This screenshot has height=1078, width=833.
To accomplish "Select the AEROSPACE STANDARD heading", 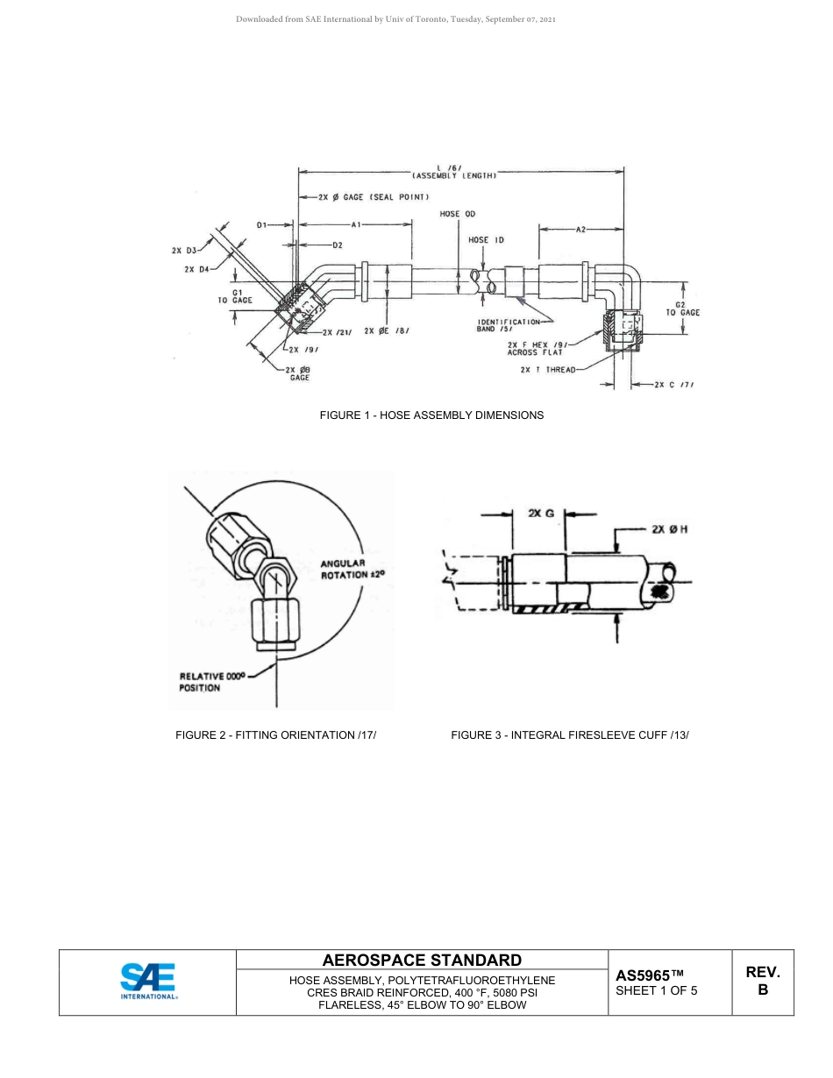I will click(x=422, y=961).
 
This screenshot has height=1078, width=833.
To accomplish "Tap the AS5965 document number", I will click(x=649, y=975).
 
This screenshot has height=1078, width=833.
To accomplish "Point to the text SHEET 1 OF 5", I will click(x=657, y=991).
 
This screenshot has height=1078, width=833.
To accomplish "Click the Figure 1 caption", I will click(x=431, y=415).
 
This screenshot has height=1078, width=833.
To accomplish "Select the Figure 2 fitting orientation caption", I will click(x=276, y=735).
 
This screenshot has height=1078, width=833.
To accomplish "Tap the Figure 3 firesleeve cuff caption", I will click(x=570, y=735).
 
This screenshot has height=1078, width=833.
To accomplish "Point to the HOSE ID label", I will click(x=486, y=240).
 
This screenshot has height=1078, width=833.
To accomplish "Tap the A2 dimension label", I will click(x=580, y=230).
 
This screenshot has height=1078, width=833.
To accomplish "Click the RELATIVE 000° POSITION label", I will click(x=211, y=682).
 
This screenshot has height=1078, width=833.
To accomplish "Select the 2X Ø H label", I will click(x=669, y=529).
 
